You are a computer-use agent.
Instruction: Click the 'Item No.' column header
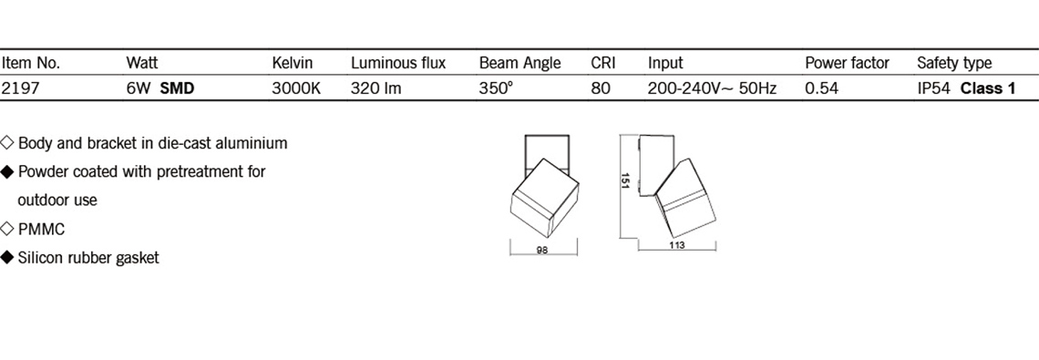pos(31,64)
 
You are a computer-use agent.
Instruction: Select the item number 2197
pos(21,88)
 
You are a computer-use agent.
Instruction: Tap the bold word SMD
pos(177,88)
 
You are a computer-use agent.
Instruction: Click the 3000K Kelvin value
pos(296,88)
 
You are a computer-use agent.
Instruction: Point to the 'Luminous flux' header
pos(398,64)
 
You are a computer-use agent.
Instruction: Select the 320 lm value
pos(375,88)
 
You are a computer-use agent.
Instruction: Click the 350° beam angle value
pos(496,88)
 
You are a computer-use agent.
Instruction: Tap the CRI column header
pos(603,64)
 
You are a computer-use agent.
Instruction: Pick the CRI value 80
pos(601,88)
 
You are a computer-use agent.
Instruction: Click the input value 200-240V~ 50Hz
pos(712,88)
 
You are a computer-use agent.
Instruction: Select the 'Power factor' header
pos(847,64)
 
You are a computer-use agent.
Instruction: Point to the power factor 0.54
pos(822,88)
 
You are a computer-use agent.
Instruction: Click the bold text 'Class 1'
pos(988,88)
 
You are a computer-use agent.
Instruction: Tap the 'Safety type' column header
pos(954,64)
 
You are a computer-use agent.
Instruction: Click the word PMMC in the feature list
pos(41,230)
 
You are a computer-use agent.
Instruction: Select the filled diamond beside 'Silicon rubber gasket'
pos(7,258)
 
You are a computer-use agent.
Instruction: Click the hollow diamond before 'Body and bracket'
pos(7,142)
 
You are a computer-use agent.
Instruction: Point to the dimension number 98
pos(542,251)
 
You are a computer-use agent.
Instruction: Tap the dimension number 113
pos(676,244)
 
